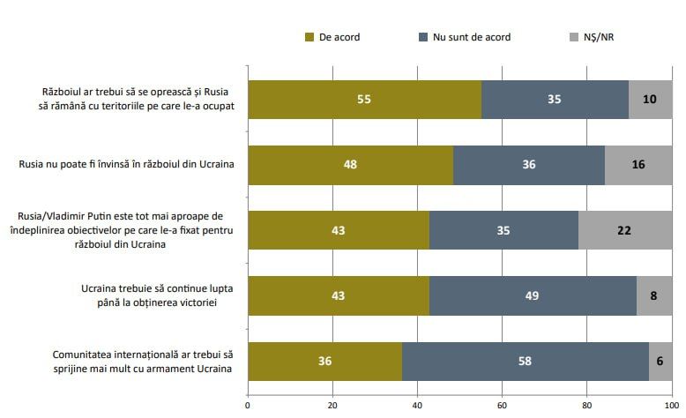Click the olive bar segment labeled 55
[364, 99]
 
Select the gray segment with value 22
[624, 230]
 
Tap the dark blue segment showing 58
[525, 361]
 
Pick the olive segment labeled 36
[324, 361]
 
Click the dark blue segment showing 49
[532, 295]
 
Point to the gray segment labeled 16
[638, 164]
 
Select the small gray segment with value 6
[660, 361]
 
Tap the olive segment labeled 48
[350, 164]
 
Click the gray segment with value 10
[650, 99]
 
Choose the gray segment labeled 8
[653, 295]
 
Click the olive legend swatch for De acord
[309, 37]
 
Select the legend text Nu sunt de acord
[470, 37]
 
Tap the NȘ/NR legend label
[598, 37]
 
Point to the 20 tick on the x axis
[332, 407]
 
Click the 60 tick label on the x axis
[502, 407]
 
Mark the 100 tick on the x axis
[671, 407]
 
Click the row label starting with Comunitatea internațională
[142, 361]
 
